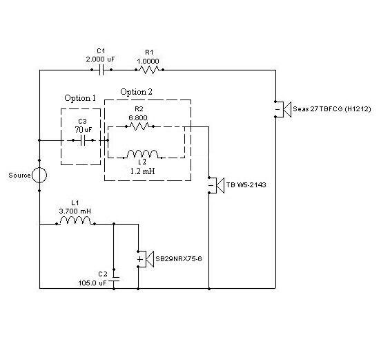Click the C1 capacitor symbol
101,70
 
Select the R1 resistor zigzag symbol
149,70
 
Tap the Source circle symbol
39,176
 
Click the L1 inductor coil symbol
75,220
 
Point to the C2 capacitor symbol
114,279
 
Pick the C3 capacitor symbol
83,140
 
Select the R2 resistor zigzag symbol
139,126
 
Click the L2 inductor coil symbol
142,154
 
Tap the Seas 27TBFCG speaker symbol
283,109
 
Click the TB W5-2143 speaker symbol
216,185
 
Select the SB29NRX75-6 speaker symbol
146,259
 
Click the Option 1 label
80,98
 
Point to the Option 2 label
136,92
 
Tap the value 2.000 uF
101,59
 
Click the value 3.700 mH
75,211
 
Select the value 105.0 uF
92,283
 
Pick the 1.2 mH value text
142,171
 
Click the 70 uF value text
84,129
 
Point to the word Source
19,176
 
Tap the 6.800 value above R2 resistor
138,117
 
